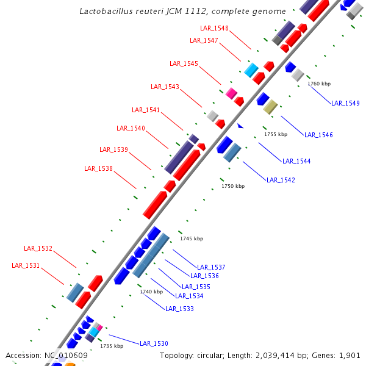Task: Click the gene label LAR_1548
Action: [x=214, y=28]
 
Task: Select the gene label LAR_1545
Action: [x=184, y=63]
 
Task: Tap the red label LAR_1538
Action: [x=98, y=168]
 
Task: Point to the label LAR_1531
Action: [x=26, y=265]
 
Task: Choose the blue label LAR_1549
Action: [x=345, y=103]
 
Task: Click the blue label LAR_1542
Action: [x=281, y=180]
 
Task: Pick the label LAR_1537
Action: [x=211, y=267]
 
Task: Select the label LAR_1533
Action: [x=179, y=309]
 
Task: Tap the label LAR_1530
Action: [x=154, y=343]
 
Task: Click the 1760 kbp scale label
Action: [x=318, y=84]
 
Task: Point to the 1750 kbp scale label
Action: [x=232, y=186]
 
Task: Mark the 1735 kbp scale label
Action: [x=112, y=346]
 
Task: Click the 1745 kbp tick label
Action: [x=192, y=239]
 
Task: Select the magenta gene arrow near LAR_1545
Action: [x=231, y=93]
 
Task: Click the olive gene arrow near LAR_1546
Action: [x=270, y=107]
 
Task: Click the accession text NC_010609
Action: [x=65, y=355]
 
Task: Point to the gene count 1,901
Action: [x=349, y=355]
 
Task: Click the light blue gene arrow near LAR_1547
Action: [x=251, y=70]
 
